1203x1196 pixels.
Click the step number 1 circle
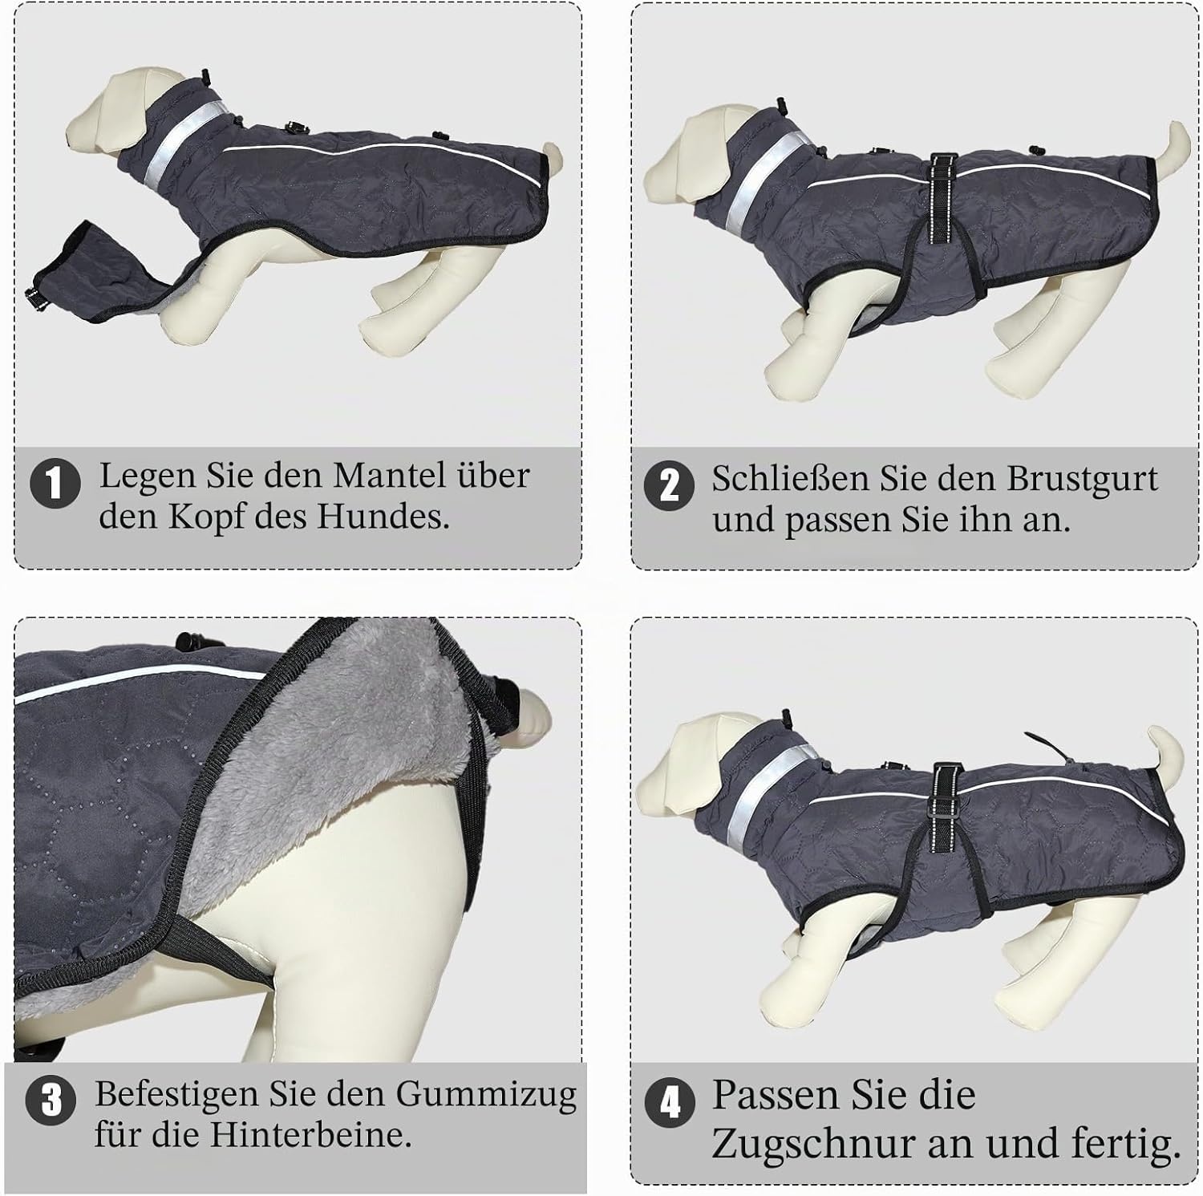[x=55, y=483]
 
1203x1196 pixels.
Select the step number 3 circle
[x=51, y=1100]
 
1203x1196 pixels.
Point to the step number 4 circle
[x=670, y=1103]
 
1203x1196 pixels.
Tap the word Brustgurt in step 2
[x=1082, y=480]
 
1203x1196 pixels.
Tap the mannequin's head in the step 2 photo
[x=690, y=152]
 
